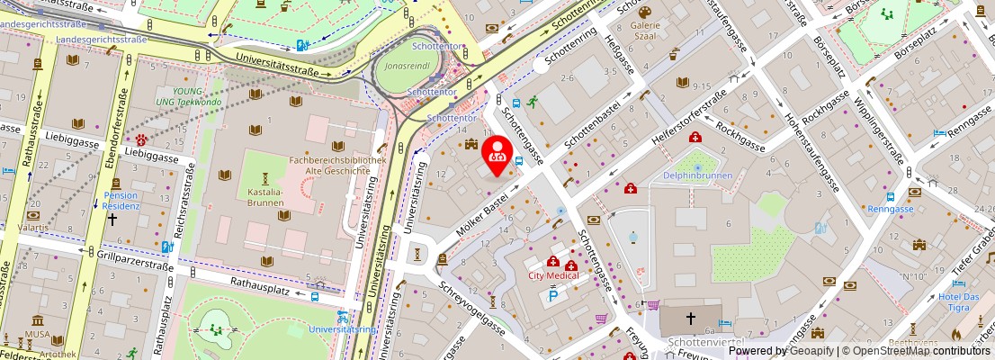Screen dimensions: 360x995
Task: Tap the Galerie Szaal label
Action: [x=645, y=31]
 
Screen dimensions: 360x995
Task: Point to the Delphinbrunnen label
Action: [x=697, y=175]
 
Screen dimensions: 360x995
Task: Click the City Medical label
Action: [x=552, y=275]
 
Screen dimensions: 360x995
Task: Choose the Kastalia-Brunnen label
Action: [x=265, y=197]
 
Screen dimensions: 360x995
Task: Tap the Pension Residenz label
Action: [x=121, y=200]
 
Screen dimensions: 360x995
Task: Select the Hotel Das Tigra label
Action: [x=958, y=301]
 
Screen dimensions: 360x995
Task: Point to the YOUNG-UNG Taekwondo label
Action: [x=188, y=96]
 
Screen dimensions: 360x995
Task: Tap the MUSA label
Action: [x=39, y=335]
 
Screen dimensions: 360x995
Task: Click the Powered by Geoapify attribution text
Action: [x=780, y=351]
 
